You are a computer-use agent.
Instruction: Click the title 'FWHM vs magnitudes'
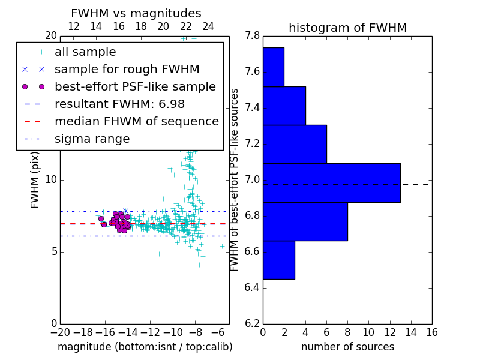136,14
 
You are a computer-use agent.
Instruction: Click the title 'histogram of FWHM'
347,28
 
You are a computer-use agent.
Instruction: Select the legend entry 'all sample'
85,52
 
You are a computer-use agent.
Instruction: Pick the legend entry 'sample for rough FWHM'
127,69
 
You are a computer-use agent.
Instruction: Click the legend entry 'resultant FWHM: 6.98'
119,104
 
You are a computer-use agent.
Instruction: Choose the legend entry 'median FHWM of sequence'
136,121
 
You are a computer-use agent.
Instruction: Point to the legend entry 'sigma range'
92,139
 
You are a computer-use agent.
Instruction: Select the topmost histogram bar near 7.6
273,67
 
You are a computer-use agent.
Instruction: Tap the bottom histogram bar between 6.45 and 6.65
278,260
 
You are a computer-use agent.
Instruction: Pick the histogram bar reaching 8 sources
305,221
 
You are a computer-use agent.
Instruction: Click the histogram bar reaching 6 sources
295,144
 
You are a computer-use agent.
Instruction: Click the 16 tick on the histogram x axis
431,332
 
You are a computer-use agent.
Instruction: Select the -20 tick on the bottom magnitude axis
60,332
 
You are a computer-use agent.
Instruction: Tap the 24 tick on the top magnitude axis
208,27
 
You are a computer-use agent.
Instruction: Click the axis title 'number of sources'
347,347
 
